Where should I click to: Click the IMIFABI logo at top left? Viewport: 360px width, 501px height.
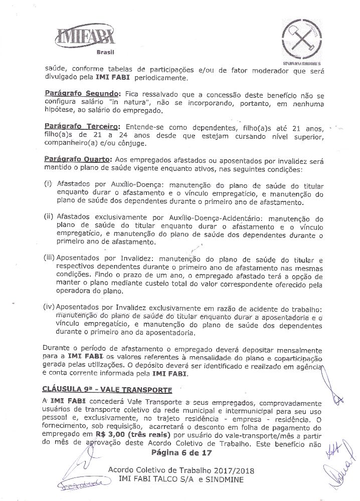click(x=88, y=37)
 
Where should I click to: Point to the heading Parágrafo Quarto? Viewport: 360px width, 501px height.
click(x=71, y=158)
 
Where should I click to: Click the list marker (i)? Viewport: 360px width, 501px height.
click(x=48, y=184)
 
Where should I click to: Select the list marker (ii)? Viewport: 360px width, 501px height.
click(x=49, y=218)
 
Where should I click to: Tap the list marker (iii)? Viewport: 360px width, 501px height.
click(x=50, y=259)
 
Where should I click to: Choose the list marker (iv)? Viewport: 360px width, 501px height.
click(x=50, y=307)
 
